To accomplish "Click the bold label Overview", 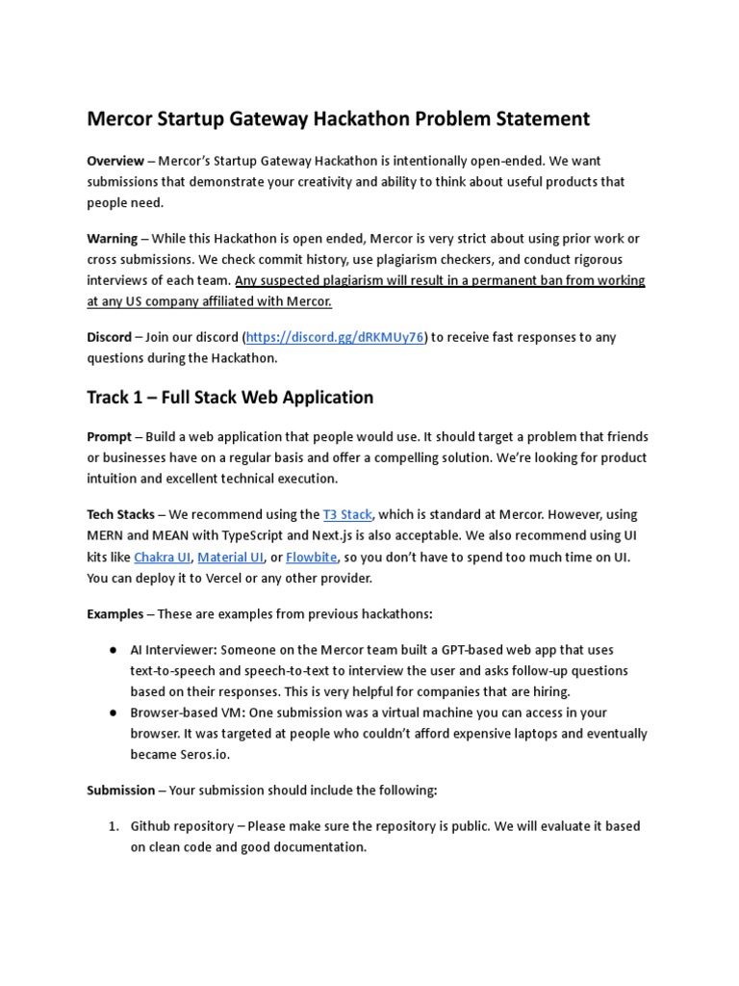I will [x=115, y=161].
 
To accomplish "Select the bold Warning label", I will [x=113, y=238].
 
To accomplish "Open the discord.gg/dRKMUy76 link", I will [x=335, y=337].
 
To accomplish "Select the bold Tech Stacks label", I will [x=120, y=514].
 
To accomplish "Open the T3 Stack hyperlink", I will [x=347, y=514].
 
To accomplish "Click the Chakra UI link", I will [x=162, y=557].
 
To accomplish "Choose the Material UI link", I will [x=230, y=557].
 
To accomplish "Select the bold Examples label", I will [x=115, y=614].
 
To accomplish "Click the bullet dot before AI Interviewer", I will [x=113, y=650].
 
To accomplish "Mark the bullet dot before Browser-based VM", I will [x=113, y=714].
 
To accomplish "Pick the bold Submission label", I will [x=121, y=790].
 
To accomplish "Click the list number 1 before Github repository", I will [x=112, y=826].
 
